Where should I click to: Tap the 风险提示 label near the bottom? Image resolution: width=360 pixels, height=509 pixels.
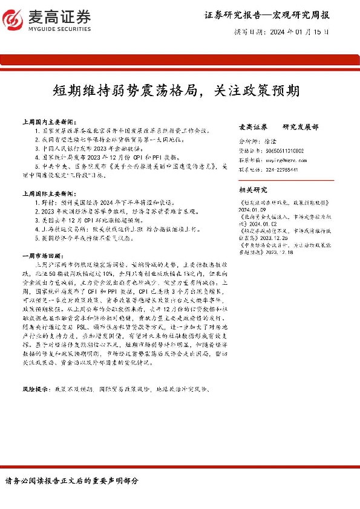[x=35, y=390]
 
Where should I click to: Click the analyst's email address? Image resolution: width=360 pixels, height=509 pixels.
[x=283, y=161]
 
